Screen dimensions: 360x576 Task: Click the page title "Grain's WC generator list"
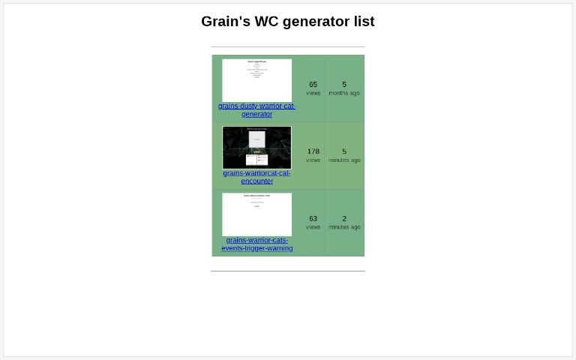click(287, 22)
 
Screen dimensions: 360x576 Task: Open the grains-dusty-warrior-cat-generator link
click(256, 110)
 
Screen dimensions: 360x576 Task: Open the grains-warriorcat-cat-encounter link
click(256, 177)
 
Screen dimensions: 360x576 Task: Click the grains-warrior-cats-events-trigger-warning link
click(256, 244)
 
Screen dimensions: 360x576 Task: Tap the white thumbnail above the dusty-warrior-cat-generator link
click(256, 80)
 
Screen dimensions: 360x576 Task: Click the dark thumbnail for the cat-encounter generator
click(256, 147)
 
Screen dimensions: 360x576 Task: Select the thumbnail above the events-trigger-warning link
click(256, 214)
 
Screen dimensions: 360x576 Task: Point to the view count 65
click(313, 85)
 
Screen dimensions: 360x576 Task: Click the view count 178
click(313, 151)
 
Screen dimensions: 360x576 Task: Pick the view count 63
click(313, 219)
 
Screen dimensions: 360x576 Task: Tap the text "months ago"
click(344, 93)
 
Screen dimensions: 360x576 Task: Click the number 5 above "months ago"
click(344, 85)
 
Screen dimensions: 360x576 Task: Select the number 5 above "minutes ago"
click(344, 151)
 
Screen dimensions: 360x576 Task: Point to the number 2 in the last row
click(344, 219)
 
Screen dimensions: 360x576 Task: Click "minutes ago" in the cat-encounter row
click(344, 160)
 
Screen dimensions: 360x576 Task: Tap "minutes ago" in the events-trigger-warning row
click(344, 227)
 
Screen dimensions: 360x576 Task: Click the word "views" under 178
click(313, 160)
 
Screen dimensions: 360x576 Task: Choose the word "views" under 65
click(313, 93)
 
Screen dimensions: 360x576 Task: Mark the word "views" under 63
click(313, 227)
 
